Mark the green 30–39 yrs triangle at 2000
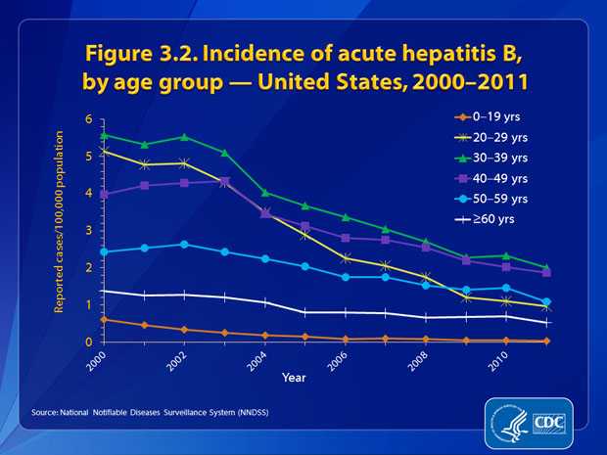coord(104,134)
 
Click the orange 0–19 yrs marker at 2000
coord(104,319)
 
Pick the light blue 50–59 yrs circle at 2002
coord(184,245)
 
